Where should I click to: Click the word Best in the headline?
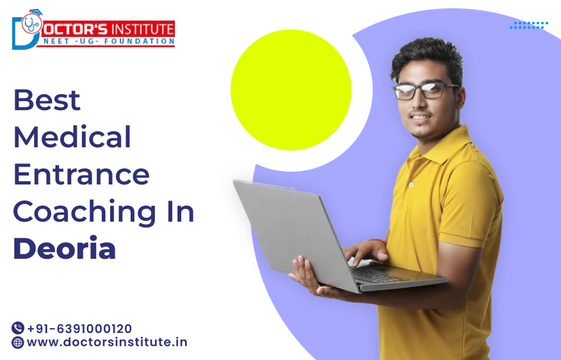tap(47, 101)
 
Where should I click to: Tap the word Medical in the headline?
tap(72, 137)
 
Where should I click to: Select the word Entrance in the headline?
tap(81, 174)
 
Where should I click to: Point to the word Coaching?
tap(82, 212)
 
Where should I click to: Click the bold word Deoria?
tap(65, 249)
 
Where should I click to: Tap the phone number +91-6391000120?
tap(79, 329)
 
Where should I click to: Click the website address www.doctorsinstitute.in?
tap(107, 342)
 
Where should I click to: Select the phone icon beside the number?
tap(18, 328)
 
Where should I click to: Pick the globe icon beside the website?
tap(18, 342)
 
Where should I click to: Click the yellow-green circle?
tap(291, 90)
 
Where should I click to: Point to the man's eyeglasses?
tap(426, 90)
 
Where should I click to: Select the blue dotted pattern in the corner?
tap(529, 25)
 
